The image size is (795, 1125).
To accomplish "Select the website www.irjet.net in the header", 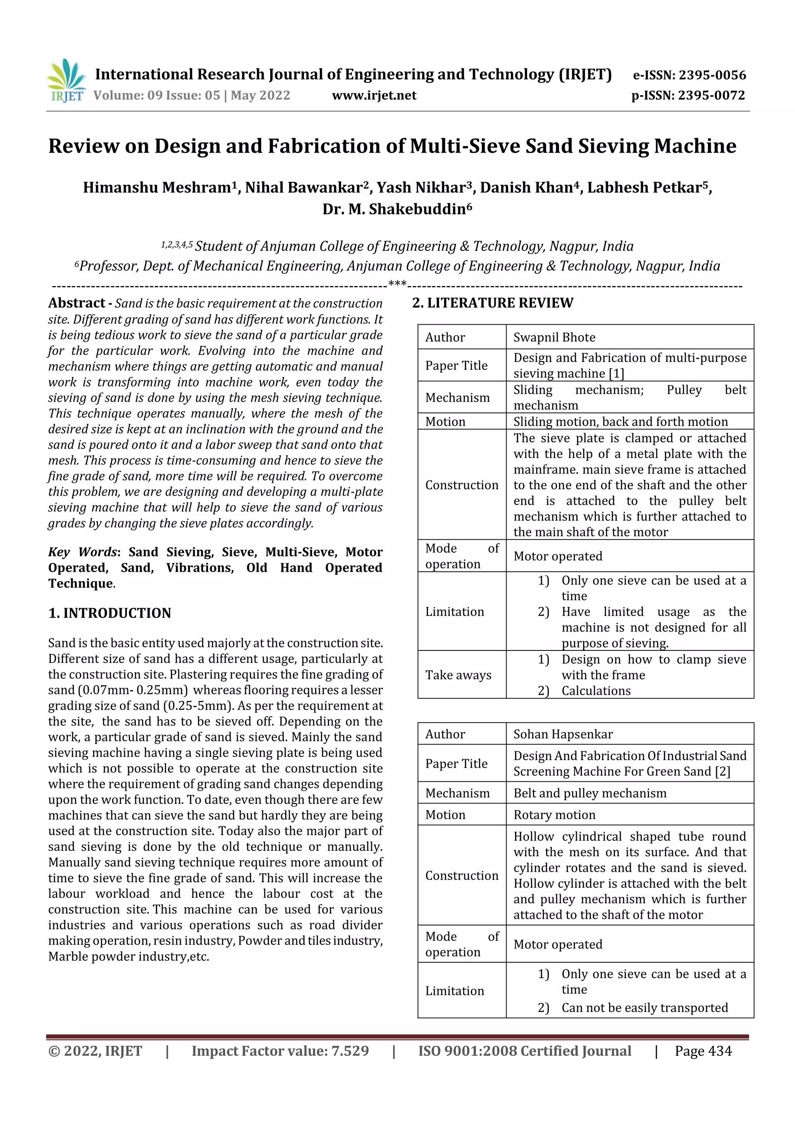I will pyautogui.click(x=374, y=95).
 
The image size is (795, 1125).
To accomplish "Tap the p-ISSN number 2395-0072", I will pyautogui.click(x=711, y=95).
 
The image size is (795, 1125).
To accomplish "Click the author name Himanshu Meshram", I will pyautogui.click(x=158, y=188).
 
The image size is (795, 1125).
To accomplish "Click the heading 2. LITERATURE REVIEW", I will pyautogui.click(x=492, y=303).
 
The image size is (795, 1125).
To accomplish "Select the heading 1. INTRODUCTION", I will pyautogui.click(x=110, y=613).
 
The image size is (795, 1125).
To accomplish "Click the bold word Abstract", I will pyautogui.click(x=77, y=303).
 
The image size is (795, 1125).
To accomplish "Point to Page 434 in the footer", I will pyautogui.click(x=703, y=1051).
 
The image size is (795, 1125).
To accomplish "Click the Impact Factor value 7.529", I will pyautogui.click(x=280, y=1051).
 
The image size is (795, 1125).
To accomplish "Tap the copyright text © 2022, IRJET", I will pyautogui.click(x=95, y=1051).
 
